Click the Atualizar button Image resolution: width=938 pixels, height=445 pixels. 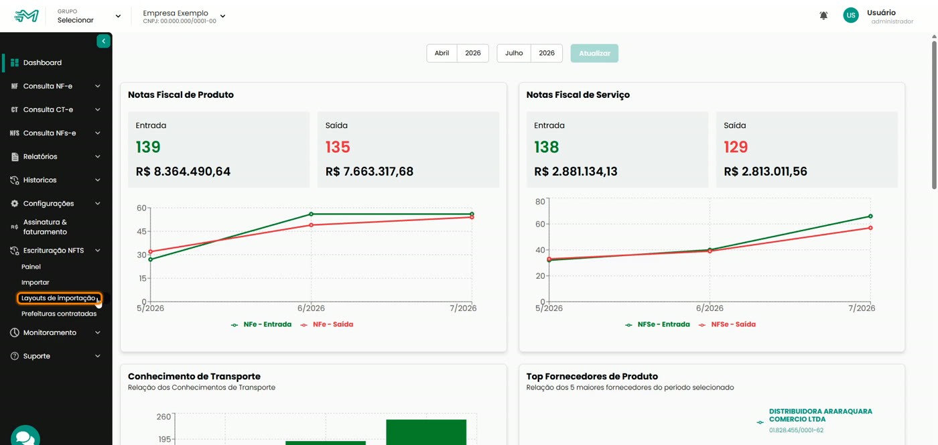tap(594, 53)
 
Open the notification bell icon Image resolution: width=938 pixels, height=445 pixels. tap(823, 15)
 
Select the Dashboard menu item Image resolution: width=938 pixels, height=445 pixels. tap(42, 62)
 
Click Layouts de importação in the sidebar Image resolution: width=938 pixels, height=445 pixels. tap(59, 298)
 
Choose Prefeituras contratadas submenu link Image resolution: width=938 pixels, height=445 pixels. tap(59, 314)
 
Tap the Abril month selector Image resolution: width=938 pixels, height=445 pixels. tap(442, 53)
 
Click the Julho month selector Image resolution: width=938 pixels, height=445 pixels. tap(514, 53)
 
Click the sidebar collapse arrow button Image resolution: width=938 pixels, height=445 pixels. tap(103, 41)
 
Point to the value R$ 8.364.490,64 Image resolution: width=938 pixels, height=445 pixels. tap(183, 172)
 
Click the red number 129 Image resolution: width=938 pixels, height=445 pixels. tap(736, 147)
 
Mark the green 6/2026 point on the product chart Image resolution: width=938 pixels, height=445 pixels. tap(311, 214)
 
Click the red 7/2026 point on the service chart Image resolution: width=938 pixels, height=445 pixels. tap(870, 228)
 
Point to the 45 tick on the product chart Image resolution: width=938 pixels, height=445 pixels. tap(141, 231)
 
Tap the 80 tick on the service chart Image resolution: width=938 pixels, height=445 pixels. tap(540, 202)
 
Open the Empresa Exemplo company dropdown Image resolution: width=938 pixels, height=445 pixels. tap(184, 16)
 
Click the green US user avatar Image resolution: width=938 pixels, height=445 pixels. tap(851, 15)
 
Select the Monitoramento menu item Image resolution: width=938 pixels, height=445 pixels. tap(50, 332)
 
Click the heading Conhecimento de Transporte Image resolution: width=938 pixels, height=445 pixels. tap(194, 376)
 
